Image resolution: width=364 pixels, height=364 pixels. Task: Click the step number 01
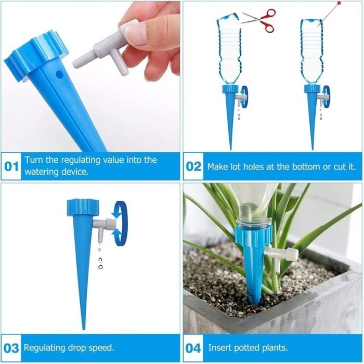11,167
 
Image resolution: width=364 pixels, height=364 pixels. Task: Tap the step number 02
193,167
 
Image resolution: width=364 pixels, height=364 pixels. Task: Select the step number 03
11,347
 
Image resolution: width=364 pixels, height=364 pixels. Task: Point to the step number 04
193,347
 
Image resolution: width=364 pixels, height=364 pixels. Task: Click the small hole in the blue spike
59,74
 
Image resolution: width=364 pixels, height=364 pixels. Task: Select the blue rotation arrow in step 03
120,224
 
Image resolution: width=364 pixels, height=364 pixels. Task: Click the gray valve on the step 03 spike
104,225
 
